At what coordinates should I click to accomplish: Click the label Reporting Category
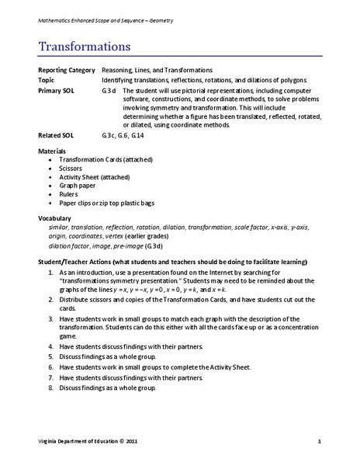pyautogui.click(x=66, y=71)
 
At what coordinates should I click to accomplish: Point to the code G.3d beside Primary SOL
pyautogui.click(x=109, y=90)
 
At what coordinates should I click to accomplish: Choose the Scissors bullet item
pyautogui.click(x=72, y=167)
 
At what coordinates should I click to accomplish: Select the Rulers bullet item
pyautogui.click(x=70, y=196)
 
